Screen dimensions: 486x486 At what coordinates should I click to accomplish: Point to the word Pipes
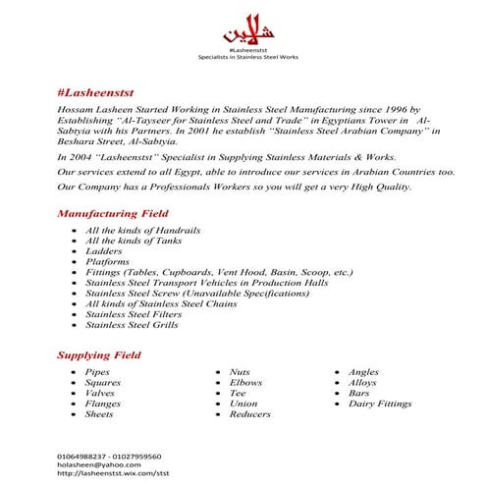click(97, 372)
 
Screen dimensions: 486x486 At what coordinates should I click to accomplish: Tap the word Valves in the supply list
click(100, 393)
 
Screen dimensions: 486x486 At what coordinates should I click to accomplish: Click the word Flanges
click(102, 404)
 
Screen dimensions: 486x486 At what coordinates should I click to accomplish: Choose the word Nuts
click(240, 372)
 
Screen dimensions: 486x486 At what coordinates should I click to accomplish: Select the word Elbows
click(244, 382)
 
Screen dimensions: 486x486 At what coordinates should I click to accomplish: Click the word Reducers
click(249, 414)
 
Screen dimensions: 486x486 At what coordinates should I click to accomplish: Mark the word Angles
click(363, 372)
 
